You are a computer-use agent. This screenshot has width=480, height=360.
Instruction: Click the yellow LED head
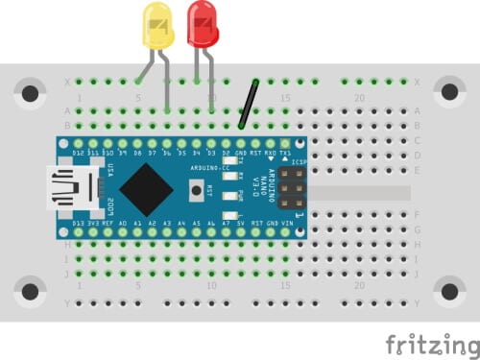(x=156, y=25)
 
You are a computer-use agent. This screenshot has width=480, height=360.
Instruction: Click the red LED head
(x=203, y=23)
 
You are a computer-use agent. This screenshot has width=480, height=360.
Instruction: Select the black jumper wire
(x=251, y=103)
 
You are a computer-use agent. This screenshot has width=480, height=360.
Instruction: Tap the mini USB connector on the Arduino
(x=74, y=187)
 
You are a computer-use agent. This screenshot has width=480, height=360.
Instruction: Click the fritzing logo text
(x=427, y=344)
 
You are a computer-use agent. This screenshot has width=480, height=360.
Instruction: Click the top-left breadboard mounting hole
(x=31, y=93)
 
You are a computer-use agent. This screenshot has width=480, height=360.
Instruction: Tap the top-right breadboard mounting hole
(x=448, y=93)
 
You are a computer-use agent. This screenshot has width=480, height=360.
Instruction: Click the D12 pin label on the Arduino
(x=79, y=153)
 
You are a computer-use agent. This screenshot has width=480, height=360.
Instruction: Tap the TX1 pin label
(x=285, y=153)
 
